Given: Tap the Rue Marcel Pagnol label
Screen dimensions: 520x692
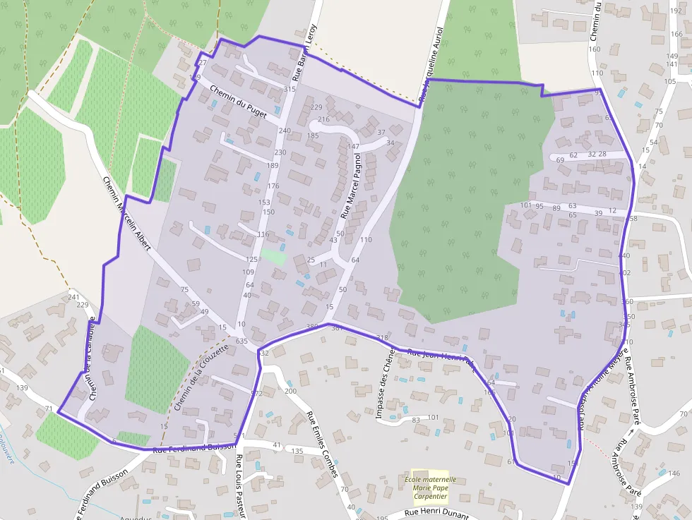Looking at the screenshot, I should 351,185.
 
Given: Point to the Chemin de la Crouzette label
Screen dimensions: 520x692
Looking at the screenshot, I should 201,378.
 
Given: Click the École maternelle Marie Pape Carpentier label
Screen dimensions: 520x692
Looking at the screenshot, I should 430,486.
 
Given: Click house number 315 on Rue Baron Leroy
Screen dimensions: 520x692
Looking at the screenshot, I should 289,89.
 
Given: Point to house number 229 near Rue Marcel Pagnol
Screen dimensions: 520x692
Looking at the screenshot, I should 316,107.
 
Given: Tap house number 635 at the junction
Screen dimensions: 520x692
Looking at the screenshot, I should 241,341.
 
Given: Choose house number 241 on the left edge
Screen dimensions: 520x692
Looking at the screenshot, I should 73,297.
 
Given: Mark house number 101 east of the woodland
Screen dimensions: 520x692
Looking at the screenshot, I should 525,205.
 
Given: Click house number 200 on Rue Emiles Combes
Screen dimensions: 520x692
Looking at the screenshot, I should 290,391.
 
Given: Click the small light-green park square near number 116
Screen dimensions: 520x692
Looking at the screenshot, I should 273,256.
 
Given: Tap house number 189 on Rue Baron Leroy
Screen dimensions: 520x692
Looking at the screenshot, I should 273,165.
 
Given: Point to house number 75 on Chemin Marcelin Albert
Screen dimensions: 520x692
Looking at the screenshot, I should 185,290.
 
